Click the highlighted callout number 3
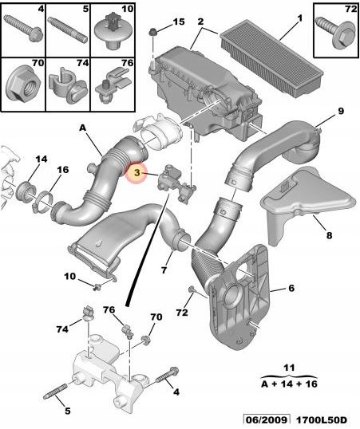tap(137, 173)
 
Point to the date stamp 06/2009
tap(267, 420)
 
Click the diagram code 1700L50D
tap(322, 420)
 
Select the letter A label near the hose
tap(83, 128)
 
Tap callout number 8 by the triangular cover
tap(329, 235)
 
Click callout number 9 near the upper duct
tap(341, 112)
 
